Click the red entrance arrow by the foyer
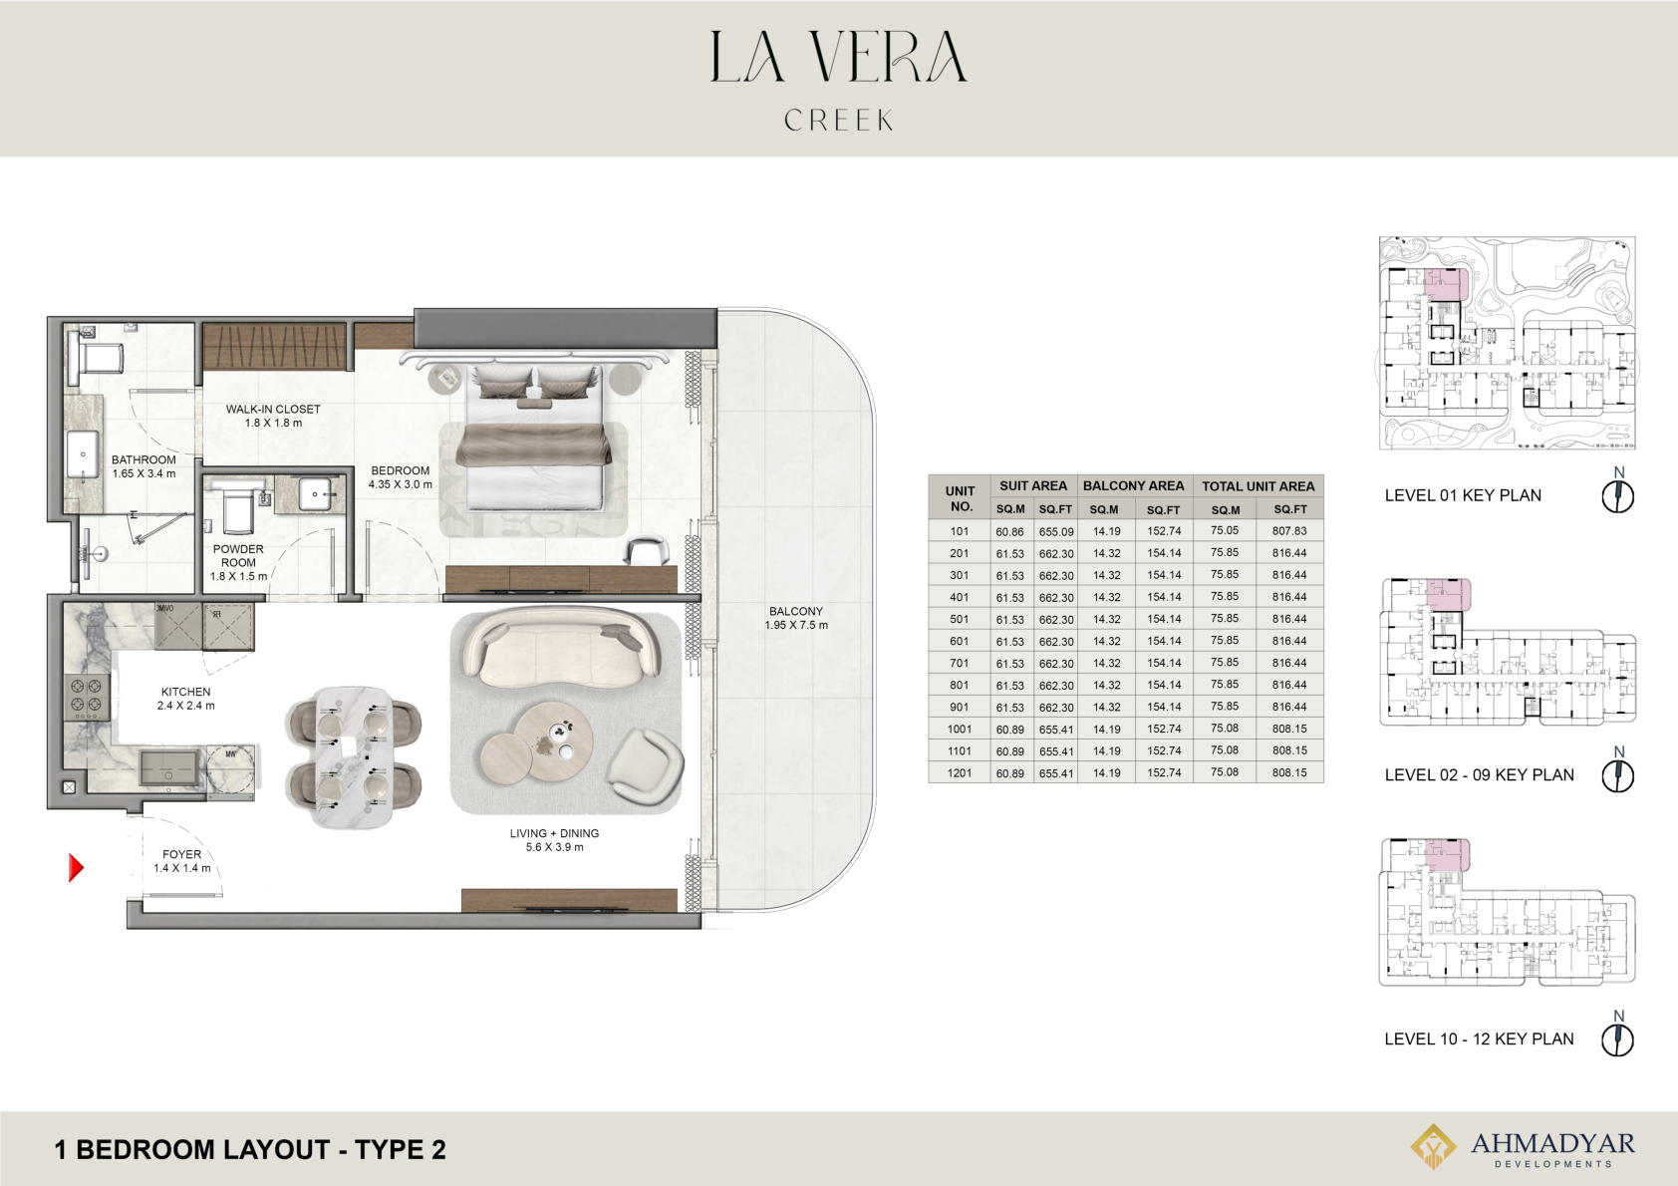[76, 868]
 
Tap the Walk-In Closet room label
[273, 416]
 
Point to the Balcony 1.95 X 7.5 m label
[796, 618]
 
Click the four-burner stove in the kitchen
[87, 697]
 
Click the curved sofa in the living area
[561, 647]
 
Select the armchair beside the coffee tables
[645, 765]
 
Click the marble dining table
[353, 756]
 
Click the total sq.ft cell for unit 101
[1289, 530]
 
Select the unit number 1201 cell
[959, 772]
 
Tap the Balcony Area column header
[1133, 485]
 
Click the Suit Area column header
[1033, 485]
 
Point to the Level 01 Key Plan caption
[1462, 495]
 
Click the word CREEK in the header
[838, 120]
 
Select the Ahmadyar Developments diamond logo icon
[1433, 1145]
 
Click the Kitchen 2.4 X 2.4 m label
[185, 699]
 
